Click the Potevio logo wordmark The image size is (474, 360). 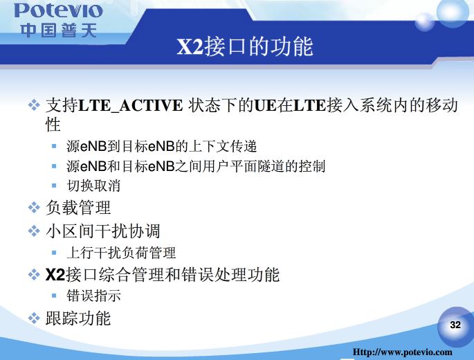58,10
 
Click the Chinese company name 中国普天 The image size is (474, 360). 59,30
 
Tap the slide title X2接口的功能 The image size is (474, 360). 245,46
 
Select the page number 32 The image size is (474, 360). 455,325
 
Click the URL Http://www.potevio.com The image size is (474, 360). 402,352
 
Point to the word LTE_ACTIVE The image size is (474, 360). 130,106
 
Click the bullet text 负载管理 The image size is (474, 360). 78,208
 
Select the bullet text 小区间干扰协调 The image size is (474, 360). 103,231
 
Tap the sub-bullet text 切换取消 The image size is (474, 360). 93,186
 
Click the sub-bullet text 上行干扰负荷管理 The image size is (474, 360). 121,253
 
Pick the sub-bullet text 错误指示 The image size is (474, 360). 93,296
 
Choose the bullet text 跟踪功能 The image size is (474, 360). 78,318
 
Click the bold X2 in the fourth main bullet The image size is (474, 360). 55,275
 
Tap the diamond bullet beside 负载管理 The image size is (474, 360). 34,208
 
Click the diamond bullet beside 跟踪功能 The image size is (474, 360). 34,318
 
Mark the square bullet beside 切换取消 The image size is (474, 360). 54,186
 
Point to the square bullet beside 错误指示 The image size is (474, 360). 54,295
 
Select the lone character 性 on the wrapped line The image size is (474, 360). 53,125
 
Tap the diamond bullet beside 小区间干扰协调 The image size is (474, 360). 34,231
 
